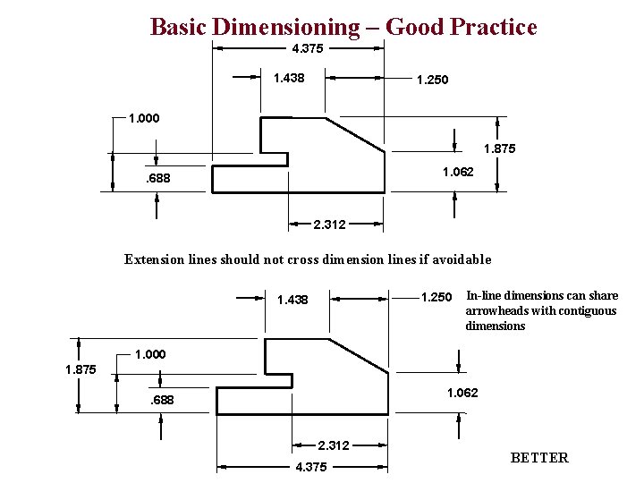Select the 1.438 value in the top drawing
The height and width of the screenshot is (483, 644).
288,79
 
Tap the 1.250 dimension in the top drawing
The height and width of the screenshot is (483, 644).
432,80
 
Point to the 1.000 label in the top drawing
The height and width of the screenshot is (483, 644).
145,118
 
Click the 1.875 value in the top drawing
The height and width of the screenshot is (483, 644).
499,149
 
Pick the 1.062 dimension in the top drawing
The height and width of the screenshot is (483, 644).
458,172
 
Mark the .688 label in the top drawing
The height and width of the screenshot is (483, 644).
157,181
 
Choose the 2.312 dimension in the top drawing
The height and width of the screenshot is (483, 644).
329,224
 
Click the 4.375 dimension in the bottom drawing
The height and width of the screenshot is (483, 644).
310,467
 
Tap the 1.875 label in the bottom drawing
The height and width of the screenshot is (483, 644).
80,369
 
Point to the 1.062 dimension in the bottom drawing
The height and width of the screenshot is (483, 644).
462,393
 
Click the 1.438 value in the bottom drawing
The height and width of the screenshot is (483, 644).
292,300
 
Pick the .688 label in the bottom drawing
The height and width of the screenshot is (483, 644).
163,400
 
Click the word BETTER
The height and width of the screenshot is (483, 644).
538,458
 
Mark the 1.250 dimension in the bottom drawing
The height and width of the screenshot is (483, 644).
436,297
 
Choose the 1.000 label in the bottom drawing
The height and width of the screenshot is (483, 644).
150,355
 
